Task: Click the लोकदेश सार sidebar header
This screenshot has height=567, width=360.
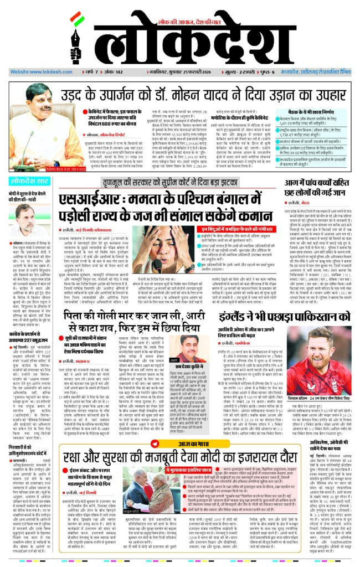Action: tap(30, 182)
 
